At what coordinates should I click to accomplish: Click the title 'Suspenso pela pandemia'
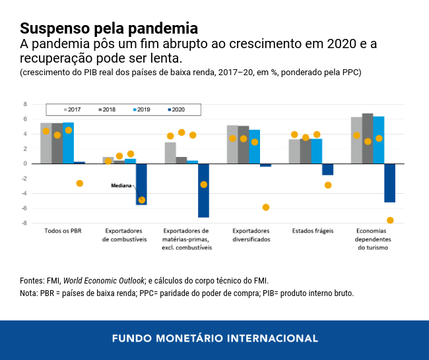coord(108,28)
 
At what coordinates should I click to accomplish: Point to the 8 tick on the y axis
coord(25,104)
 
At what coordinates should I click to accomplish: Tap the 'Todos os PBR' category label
coord(63,231)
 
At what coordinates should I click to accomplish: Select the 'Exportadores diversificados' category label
coord(251,235)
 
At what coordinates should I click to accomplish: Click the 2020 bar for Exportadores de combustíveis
coord(141,184)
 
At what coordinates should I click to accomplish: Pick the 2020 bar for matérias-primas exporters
coord(203,190)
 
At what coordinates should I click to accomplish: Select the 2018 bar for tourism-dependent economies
coord(368,138)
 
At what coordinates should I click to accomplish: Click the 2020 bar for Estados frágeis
coord(327,169)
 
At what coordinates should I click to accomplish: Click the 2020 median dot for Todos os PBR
coord(80,183)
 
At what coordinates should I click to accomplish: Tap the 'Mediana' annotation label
coord(121,187)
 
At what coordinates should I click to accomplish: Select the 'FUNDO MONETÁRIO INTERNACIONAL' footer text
coord(214,338)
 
